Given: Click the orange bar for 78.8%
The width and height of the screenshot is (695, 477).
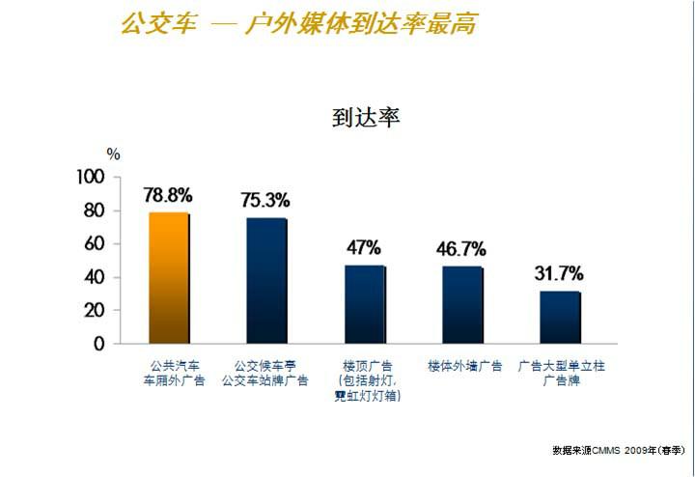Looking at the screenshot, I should tap(169, 278).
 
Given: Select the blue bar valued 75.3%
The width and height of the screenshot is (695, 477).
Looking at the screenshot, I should tap(266, 281).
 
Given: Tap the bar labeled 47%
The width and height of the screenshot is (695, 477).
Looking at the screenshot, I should tap(365, 304).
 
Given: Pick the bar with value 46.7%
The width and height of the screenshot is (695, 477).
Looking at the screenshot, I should tap(462, 304).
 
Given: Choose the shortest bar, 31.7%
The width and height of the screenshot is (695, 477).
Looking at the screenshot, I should tap(561, 317).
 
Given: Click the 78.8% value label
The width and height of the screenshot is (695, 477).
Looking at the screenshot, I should tap(168, 195).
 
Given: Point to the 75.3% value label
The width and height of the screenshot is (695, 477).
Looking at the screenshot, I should tap(265, 201).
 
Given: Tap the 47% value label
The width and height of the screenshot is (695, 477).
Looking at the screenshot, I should tap(364, 247).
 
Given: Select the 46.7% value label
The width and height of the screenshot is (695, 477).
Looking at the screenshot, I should tap(461, 248).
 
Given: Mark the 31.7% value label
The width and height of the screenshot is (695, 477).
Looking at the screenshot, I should tap(559, 273).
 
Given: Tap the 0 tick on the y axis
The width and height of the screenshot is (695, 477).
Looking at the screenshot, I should tap(98, 344).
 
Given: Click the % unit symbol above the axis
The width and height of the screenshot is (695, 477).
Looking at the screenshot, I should tap(114, 154).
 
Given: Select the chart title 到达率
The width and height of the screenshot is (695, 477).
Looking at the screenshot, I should tap(366, 119).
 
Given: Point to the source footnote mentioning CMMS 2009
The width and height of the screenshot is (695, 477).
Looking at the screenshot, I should tap(619, 450).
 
